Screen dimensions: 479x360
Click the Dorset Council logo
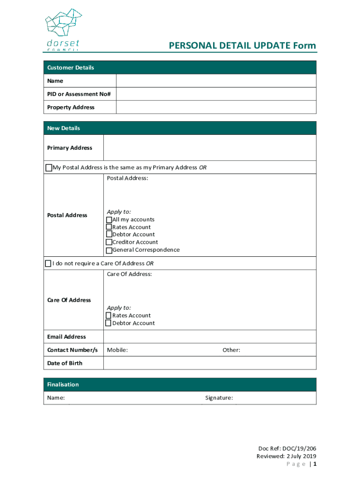tap(63, 29)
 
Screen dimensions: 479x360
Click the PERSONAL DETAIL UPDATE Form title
tap(242, 46)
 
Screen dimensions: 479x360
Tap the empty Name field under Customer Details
tap(216, 81)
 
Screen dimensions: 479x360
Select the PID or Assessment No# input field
tap(216, 94)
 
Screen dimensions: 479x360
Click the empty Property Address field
tap(216, 107)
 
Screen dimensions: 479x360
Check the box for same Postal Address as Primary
tap(49, 167)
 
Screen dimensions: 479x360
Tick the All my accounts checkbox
tap(109, 220)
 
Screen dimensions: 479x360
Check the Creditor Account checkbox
tap(109, 242)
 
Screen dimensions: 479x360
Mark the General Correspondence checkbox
tap(109, 250)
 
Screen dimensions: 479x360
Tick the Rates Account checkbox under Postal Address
tap(109, 227)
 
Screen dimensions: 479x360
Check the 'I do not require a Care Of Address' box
tap(48, 263)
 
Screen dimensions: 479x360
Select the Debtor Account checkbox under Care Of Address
tap(108, 323)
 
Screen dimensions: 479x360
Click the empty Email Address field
tap(209, 337)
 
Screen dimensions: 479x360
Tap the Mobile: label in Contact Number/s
tap(117, 350)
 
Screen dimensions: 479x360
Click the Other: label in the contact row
tap(231, 350)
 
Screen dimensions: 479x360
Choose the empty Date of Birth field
tap(209, 363)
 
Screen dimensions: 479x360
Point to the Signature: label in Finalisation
tap(219, 398)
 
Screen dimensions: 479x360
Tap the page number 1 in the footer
tap(315, 464)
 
